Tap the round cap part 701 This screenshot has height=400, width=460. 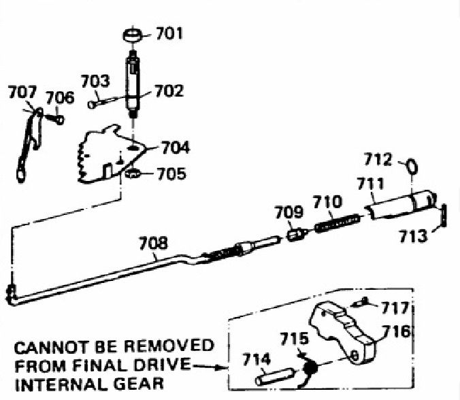pyautogui.click(x=133, y=34)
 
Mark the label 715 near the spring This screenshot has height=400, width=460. pyautogui.click(x=295, y=339)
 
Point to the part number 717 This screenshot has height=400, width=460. pyautogui.click(x=399, y=306)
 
